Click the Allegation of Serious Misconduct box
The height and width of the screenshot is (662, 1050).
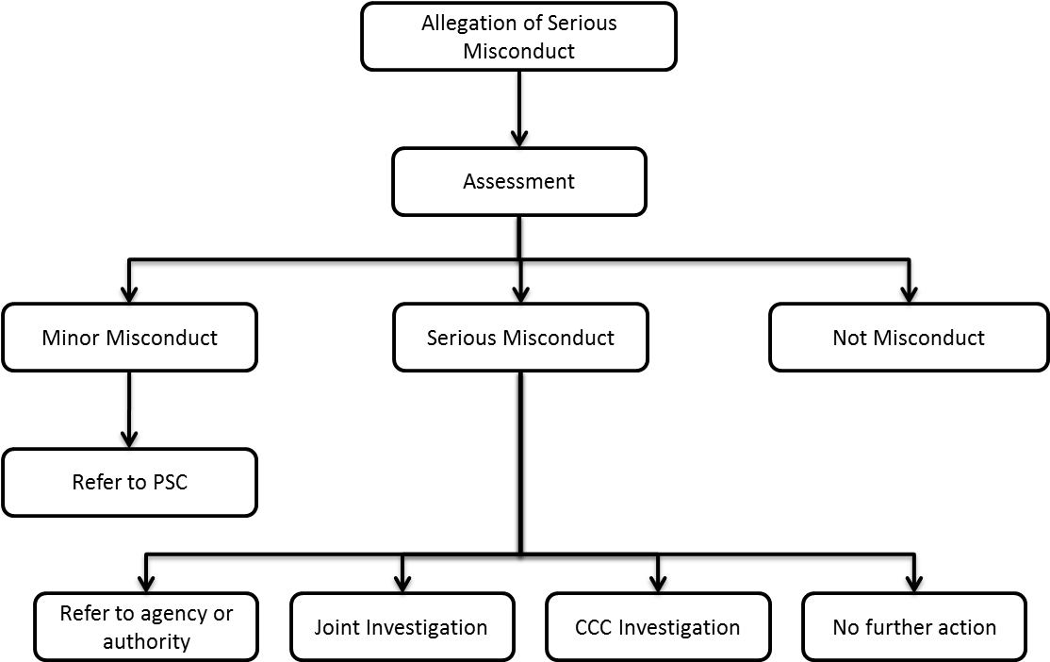tap(518, 37)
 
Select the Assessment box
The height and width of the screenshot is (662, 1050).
tap(518, 181)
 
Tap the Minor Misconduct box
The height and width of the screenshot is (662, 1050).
tap(129, 337)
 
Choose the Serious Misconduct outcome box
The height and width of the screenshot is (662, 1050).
tap(520, 337)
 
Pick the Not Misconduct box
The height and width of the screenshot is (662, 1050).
tap(909, 337)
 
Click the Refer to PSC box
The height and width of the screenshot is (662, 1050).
tap(129, 482)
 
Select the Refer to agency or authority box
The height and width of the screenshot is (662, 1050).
tap(146, 627)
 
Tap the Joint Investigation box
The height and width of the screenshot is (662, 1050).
tap(402, 627)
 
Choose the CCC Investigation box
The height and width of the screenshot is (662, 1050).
tap(658, 627)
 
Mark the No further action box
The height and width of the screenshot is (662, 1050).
tap(914, 627)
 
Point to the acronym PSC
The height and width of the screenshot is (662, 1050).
tap(169, 482)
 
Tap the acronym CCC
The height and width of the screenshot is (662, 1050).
tap(595, 627)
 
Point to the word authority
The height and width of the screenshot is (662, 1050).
tap(146, 642)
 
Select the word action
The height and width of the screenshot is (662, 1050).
tap(968, 627)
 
